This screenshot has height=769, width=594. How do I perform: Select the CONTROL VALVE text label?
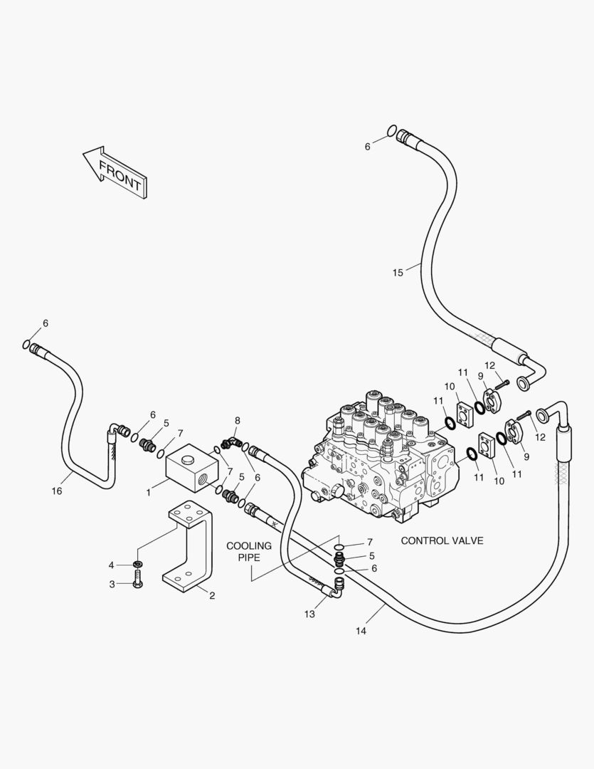click(442, 540)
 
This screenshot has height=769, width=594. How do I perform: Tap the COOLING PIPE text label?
click(249, 551)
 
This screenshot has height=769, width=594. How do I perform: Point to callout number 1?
click(149, 491)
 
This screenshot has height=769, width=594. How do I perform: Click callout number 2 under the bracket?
click(211, 596)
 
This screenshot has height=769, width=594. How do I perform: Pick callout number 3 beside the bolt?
click(111, 584)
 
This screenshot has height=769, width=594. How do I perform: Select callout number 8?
click(237, 420)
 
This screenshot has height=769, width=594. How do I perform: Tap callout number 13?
click(309, 614)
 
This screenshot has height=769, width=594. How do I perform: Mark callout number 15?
click(397, 272)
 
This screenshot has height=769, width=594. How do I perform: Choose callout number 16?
click(57, 491)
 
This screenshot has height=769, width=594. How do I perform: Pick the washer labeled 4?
click(137, 565)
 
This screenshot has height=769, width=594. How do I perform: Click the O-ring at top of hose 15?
click(392, 130)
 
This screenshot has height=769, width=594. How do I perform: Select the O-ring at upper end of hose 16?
click(26, 345)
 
